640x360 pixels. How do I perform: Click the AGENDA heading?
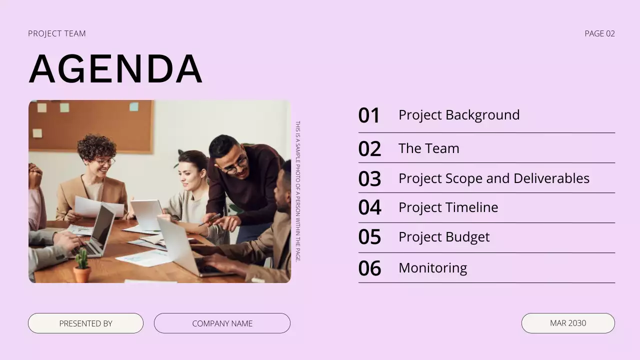point(115,68)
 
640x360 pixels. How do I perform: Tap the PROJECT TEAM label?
point(57,33)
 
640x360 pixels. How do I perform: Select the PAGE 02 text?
point(599,33)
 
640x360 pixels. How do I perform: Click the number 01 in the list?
point(369,115)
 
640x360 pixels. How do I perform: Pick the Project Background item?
point(458,115)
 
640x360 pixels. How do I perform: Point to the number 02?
point(369,149)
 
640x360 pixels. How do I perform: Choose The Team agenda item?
point(428,148)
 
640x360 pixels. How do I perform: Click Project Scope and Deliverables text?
point(493,178)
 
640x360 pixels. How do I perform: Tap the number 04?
point(369,207)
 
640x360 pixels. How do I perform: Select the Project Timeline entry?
point(448,207)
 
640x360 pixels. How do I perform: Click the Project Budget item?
point(443,237)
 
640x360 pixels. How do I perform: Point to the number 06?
point(369,268)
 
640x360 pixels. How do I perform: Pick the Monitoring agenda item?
point(432,268)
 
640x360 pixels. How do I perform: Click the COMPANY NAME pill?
point(222,323)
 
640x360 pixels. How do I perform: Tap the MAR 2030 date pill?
point(568,323)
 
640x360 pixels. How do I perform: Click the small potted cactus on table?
point(81,266)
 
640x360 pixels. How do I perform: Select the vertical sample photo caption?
point(298,191)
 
